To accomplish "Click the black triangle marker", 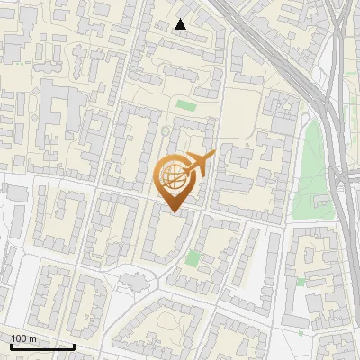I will point(181,24).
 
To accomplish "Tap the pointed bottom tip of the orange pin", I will point(173,212).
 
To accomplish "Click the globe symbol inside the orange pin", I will point(174,177).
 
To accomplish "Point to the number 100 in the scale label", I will point(19,338).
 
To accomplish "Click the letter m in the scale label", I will point(32,338).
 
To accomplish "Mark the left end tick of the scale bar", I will point(10,346).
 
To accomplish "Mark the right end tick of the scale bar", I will point(74,346).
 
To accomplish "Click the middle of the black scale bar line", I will point(42,346).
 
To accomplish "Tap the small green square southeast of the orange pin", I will point(193,259).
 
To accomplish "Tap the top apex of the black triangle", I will point(181,19).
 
